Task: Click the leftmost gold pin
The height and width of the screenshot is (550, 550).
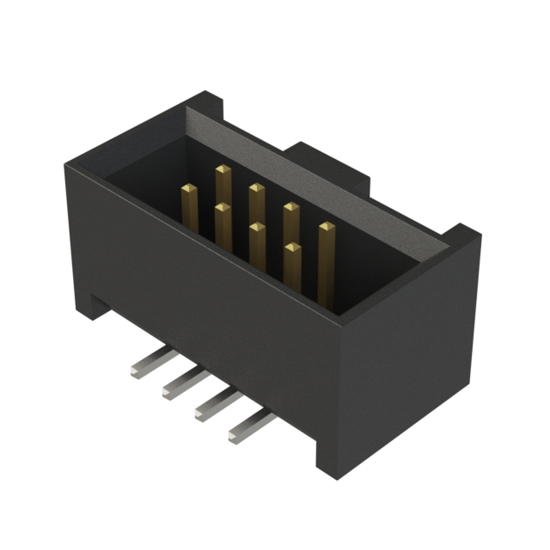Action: [x=190, y=206]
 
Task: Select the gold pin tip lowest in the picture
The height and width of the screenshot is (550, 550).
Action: [x=292, y=249]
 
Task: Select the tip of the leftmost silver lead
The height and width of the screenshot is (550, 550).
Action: [x=137, y=371]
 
